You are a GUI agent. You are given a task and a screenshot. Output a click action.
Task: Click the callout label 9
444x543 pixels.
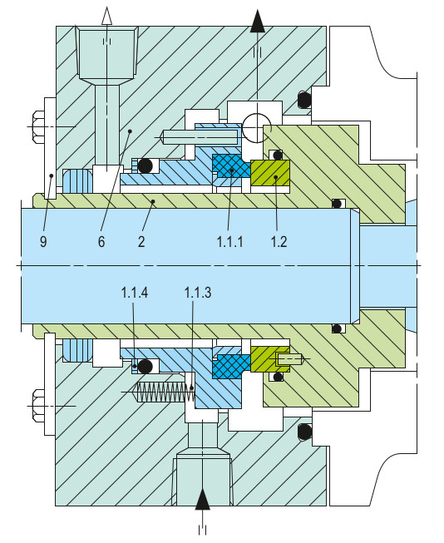tap(42, 241)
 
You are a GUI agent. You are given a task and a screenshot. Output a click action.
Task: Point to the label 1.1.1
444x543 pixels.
tap(229, 241)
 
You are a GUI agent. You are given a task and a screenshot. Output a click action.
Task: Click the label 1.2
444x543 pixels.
tap(278, 241)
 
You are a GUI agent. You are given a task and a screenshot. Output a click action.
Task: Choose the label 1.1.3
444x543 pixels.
tap(197, 293)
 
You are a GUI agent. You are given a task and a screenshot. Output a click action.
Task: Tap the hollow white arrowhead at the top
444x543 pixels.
tap(106, 15)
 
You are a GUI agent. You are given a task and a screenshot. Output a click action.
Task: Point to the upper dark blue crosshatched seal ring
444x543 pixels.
tap(231, 166)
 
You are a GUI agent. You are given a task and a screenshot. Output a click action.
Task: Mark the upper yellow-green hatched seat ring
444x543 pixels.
tap(269, 173)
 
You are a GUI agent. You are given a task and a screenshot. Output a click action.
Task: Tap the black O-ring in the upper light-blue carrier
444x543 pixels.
tap(146, 166)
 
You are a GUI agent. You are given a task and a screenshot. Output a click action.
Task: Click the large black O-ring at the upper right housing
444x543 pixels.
tap(304, 101)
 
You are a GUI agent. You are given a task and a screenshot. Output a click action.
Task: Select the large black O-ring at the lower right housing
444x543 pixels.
tap(304, 432)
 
